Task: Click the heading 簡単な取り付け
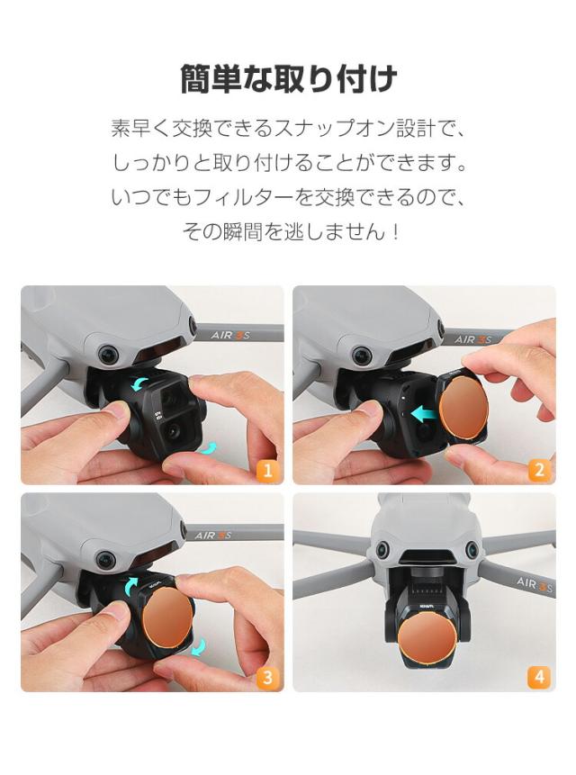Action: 288,79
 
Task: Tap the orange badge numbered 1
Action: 267,469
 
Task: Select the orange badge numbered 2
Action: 539,469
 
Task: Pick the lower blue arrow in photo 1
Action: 209,446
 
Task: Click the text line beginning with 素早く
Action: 288,128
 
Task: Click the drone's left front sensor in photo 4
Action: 382,549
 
